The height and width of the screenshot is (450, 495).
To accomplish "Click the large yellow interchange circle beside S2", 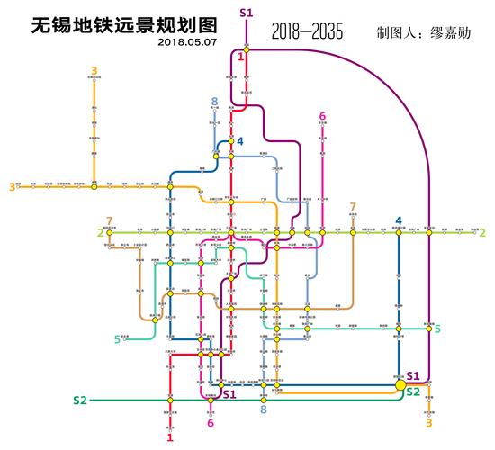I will pyautogui.click(x=399, y=384).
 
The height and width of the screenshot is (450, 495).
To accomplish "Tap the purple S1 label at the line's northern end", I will pyautogui.click(x=247, y=12).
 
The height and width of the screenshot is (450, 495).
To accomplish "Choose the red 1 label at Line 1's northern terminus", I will pyautogui.click(x=241, y=57).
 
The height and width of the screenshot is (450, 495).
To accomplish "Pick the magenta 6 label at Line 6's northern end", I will pyautogui.click(x=322, y=116).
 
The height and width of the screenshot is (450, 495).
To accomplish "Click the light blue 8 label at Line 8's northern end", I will pyautogui.click(x=215, y=101).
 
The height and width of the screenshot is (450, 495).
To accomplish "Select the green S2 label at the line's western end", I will pyautogui.click(x=80, y=399).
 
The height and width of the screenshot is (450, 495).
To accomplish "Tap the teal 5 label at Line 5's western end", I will pyautogui.click(x=117, y=339).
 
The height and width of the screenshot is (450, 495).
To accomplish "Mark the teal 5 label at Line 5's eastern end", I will pyautogui.click(x=437, y=328).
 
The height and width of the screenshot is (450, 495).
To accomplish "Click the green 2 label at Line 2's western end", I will pyautogui.click(x=100, y=233).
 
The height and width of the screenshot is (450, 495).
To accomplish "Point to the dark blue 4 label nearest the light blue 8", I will pyautogui.click(x=240, y=141).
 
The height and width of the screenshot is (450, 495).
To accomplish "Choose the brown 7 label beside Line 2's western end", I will pyautogui.click(x=110, y=220).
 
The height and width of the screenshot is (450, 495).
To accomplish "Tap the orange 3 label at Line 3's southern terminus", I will pyautogui.click(x=428, y=422).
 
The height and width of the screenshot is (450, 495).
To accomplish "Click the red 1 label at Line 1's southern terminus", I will pyautogui.click(x=169, y=437).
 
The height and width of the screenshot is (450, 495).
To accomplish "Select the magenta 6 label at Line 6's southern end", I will pyautogui.click(x=211, y=423).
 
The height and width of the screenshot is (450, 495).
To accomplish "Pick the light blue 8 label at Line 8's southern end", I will pyautogui.click(x=264, y=410).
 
